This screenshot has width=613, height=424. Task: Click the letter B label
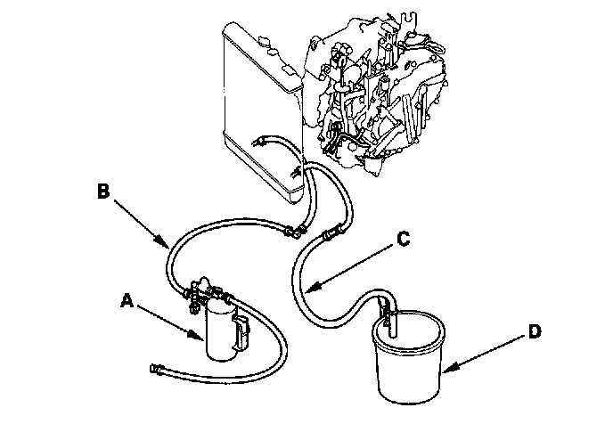pos(103,190)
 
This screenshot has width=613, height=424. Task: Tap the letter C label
pos(403,239)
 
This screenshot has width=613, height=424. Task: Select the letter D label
pos(534,332)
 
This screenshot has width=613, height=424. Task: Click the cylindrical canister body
pos(217,330)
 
